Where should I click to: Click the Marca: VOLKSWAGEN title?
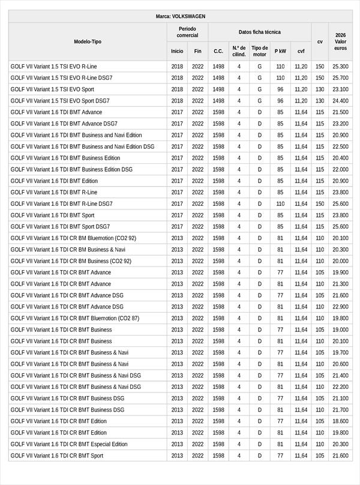pyautogui.click(x=180, y=16)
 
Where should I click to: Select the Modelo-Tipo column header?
pyautogui.click(x=88, y=41)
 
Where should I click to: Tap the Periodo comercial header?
pyautogui.click(x=187, y=32)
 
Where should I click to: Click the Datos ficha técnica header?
pyautogui.click(x=259, y=32)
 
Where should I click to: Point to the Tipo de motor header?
pyautogui.click(x=260, y=51)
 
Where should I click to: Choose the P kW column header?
pyautogui.click(x=280, y=51)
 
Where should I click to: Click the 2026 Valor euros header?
pyautogui.click(x=340, y=41)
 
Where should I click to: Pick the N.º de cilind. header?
pyautogui.click(x=239, y=51)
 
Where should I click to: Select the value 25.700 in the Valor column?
pyautogui.click(x=340, y=78)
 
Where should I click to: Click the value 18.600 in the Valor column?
pyautogui.click(x=340, y=421)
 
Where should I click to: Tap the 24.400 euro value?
pyautogui.click(x=340, y=101)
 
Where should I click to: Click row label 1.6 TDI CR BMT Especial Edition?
pyautogui.click(x=69, y=444)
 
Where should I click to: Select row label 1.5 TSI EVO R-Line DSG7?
pyautogui.click(x=61, y=78)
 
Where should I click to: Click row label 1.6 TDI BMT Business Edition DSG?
pyautogui.click(x=71, y=170)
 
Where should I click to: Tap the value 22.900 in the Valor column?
pyautogui.click(x=340, y=307)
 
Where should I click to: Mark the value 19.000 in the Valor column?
pyautogui.click(x=340, y=330)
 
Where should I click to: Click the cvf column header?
pyautogui.click(x=301, y=51)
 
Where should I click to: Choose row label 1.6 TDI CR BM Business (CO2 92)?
pyautogui.click(x=71, y=261)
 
